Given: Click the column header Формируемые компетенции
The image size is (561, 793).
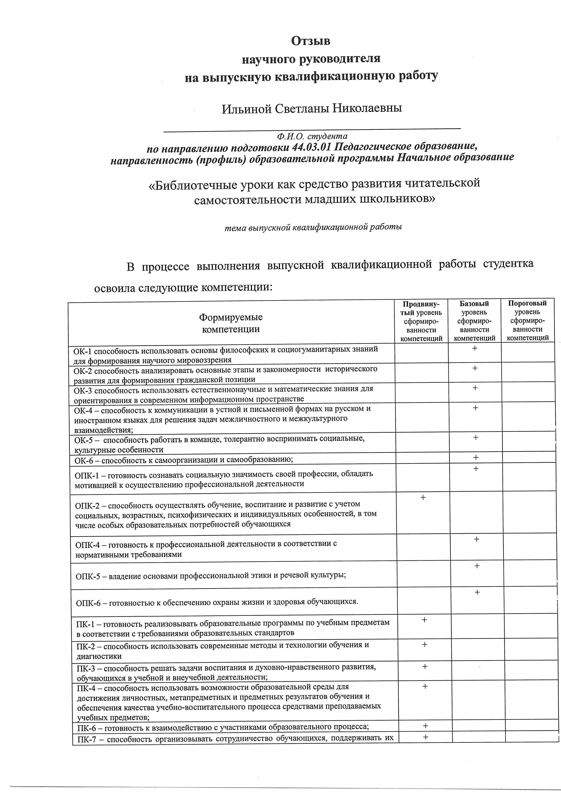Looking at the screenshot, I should click(231, 323).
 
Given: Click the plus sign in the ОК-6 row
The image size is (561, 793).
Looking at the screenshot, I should click(476, 458).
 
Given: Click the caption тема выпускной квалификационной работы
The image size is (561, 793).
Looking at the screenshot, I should click(313, 228).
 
